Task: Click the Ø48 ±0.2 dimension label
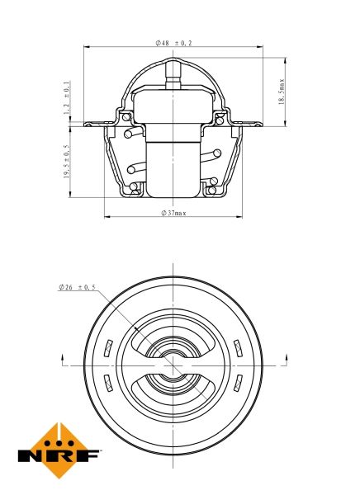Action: click(x=173, y=43)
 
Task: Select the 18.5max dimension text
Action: click(x=282, y=92)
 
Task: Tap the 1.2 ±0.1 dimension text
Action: click(x=66, y=98)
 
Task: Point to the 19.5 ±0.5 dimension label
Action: click(x=67, y=162)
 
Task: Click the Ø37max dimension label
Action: click(x=173, y=213)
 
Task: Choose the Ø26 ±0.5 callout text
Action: click(x=77, y=287)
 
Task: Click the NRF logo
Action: click(x=59, y=450)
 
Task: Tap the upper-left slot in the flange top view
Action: click(x=108, y=348)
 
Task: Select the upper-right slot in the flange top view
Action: click(x=238, y=348)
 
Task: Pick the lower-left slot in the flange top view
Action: click(x=108, y=383)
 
